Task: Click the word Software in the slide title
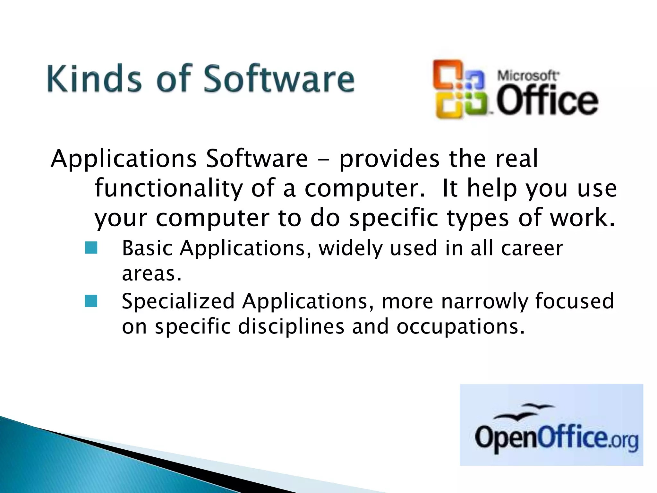click(279, 78)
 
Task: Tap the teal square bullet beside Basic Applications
click(91, 248)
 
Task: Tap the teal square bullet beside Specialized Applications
click(91, 301)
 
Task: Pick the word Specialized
click(178, 301)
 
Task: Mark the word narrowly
click(484, 301)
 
